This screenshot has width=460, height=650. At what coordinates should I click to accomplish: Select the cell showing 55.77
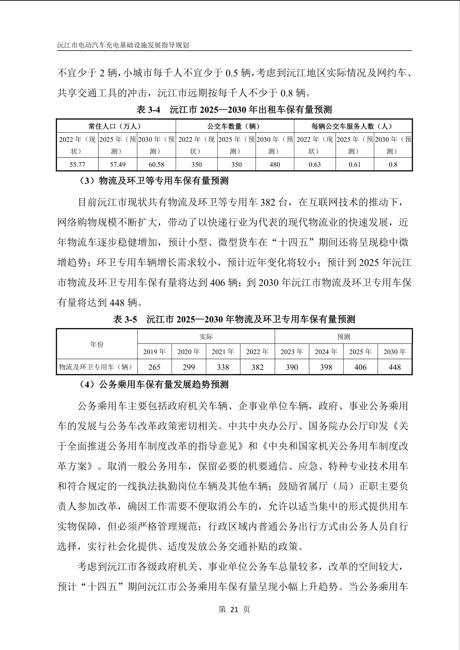[77, 164]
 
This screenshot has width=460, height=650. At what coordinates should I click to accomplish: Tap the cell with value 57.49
[117, 164]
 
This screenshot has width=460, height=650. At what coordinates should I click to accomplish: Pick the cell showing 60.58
[156, 164]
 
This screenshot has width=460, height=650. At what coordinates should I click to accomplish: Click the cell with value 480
[275, 164]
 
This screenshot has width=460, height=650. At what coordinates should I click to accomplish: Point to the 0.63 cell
[315, 164]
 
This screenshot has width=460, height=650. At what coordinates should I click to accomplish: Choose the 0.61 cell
[355, 164]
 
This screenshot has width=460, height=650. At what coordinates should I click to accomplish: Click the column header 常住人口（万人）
[116, 126]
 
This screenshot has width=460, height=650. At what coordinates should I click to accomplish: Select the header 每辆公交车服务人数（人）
[353, 126]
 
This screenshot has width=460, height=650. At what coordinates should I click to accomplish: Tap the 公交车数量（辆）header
[235, 126]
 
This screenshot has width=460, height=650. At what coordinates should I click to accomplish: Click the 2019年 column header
[154, 352]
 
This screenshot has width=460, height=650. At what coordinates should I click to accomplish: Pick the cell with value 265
[154, 367]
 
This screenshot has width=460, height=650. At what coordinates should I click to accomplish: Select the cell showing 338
[223, 367]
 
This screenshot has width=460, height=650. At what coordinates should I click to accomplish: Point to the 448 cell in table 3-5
[394, 367]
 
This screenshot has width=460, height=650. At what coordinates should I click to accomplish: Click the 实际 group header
[206, 336]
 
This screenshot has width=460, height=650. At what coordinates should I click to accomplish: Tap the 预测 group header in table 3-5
[343, 336]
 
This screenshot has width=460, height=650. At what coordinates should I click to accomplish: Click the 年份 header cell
[97, 344]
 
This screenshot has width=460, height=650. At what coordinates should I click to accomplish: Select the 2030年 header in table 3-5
[394, 352]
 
